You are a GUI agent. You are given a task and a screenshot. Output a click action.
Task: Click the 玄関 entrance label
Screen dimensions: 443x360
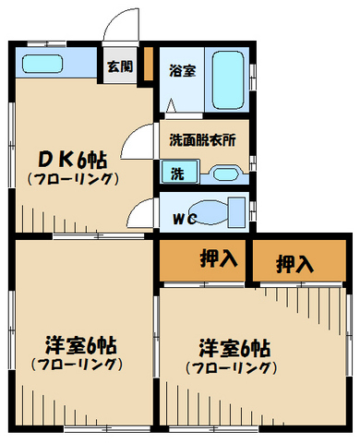[118, 66]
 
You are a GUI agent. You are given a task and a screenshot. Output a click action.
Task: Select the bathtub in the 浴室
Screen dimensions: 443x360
[226, 80]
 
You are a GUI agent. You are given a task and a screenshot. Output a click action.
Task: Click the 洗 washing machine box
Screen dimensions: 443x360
[174, 171]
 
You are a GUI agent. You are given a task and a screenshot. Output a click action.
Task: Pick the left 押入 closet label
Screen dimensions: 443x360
[218, 259]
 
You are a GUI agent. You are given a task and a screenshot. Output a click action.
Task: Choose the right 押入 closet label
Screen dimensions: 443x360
[295, 264]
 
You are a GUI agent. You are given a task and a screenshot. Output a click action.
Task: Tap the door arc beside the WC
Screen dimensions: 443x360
[140, 216]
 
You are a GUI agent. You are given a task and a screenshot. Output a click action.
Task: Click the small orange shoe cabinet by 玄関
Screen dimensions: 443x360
[145, 73]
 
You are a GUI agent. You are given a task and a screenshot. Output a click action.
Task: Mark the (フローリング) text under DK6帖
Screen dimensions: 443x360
[72, 179]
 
